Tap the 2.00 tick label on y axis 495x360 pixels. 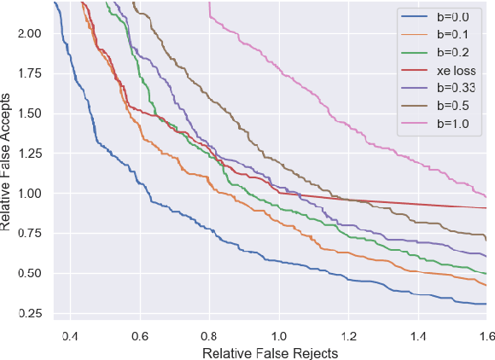pyautogui.click(x=29, y=33)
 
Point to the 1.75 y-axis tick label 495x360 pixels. pyautogui.click(x=29, y=73)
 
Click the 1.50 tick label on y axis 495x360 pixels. pyautogui.click(x=29, y=113)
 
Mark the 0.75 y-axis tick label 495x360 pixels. pyautogui.click(x=29, y=234)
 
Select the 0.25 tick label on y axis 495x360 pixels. pyautogui.click(x=29, y=314)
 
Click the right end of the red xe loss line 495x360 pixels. pyautogui.click(x=486, y=207)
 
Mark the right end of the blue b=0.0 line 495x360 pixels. pyautogui.click(x=486, y=304)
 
